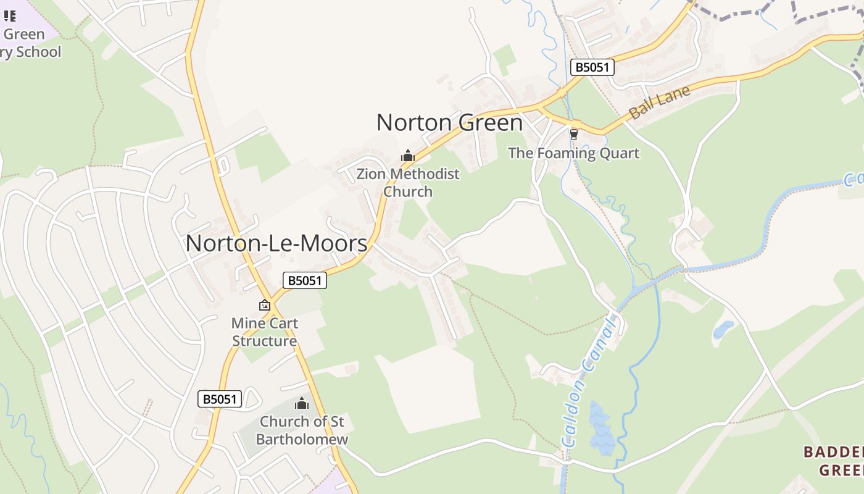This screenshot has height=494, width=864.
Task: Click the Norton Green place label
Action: pyautogui.click(x=449, y=123)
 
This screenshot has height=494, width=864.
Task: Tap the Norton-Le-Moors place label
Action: pyautogui.click(x=276, y=243)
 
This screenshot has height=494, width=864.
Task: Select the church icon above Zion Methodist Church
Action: pyautogui.click(x=407, y=156)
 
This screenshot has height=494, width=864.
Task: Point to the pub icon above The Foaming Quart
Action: pyautogui.click(x=574, y=134)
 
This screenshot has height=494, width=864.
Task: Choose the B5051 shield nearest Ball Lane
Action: pyautogui.click(x=592, y=67)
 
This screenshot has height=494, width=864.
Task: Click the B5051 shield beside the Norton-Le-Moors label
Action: pyautogui.click(x=305, y=280)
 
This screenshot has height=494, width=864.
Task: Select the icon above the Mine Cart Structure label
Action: pyautogui.click(x=265, y=305)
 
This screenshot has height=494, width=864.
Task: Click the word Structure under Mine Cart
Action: pyautogui.click(x=264, y=341)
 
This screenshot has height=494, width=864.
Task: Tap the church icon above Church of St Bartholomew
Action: pyautogui.click(x=302, y=404)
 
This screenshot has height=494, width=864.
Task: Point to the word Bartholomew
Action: pyautogui.click(x=302, y=440)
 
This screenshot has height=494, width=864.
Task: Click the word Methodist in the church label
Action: pyautogui.click(x=425, y=174)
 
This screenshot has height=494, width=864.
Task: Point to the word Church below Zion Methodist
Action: pyautogui.click(x=408, y=191)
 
